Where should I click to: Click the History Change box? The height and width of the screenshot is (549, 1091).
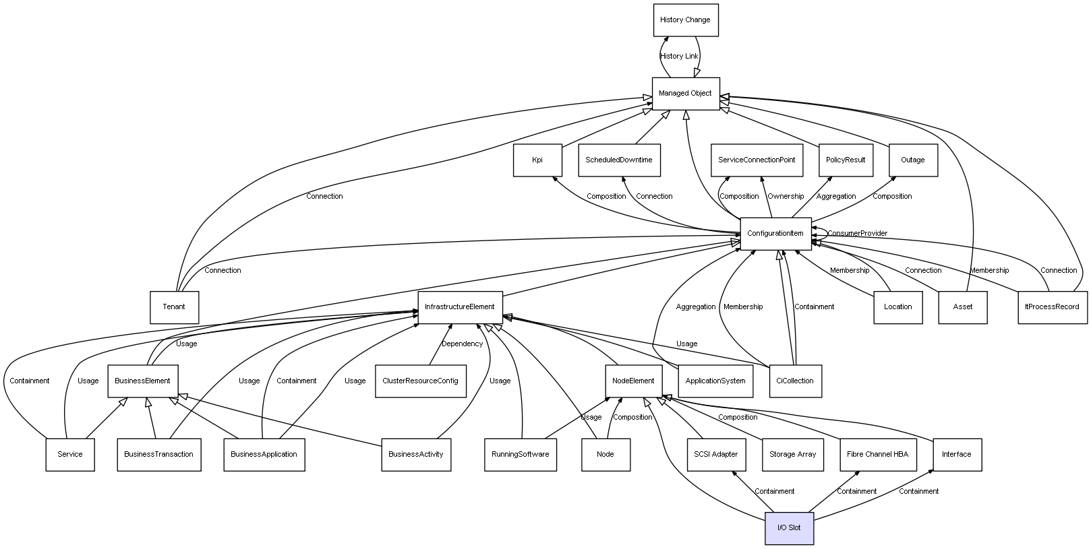pos(685,20)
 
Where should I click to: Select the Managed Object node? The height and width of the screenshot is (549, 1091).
pos(685,94)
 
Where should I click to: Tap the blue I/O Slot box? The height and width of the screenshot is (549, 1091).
pos(789,528)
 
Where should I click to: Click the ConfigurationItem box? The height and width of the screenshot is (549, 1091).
pos(775,234)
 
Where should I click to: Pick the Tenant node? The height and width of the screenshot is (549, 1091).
pos(174,307)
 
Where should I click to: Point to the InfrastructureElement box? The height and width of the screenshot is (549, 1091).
pos(460,307)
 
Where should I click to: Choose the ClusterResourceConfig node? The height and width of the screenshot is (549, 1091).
pos(420,381)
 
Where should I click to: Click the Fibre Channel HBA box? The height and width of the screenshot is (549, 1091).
pos(877,455)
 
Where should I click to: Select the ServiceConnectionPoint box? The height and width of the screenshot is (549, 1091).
pos(757,160)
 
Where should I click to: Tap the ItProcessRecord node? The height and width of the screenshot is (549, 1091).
pos(1052,307)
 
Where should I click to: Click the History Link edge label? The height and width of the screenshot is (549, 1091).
pos(679,57)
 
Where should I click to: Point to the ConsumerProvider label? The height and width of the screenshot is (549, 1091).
pos(857,234)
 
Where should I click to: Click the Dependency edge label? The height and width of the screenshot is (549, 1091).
pos(462,344)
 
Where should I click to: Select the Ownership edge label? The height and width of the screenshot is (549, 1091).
pos(786,197)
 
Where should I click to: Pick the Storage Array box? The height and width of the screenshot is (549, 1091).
pos(792,455)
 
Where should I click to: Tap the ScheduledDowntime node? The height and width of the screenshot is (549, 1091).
pos(619,160)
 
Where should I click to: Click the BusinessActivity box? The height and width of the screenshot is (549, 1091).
pos(416,455)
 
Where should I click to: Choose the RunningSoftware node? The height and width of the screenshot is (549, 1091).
pos(520,455)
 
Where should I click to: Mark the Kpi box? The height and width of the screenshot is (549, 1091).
pos(537,160)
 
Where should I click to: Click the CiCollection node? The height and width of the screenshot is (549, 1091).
pos(795,381)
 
